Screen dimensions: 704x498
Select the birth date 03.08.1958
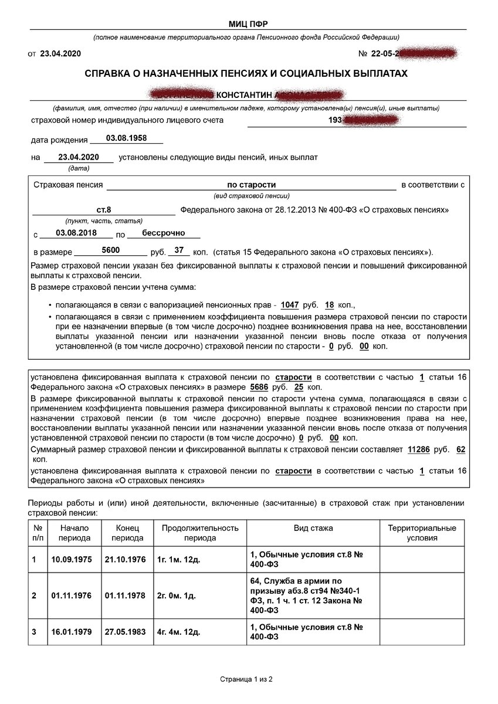tap(126, 139)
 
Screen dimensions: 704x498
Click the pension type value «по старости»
tap(251, 184)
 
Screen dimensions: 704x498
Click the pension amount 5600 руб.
tap(110, 251)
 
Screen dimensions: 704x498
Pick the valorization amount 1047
tap(290, 305)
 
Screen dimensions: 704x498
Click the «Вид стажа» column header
tap(313, 528)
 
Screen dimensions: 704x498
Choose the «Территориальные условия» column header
tap(422, 533)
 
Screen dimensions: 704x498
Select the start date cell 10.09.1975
tap(72, 560)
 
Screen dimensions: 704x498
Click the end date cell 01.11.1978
tap(125, 595)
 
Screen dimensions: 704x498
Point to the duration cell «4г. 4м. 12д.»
tap(178, 632)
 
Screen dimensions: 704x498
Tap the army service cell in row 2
tap(305, 595)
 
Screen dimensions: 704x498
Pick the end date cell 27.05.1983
tap(125, 632)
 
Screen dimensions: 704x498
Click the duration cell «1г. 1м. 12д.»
tap(178, 560)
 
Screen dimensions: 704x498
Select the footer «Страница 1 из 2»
tap(247, 679)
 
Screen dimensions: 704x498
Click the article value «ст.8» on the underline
tap(104, 209)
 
